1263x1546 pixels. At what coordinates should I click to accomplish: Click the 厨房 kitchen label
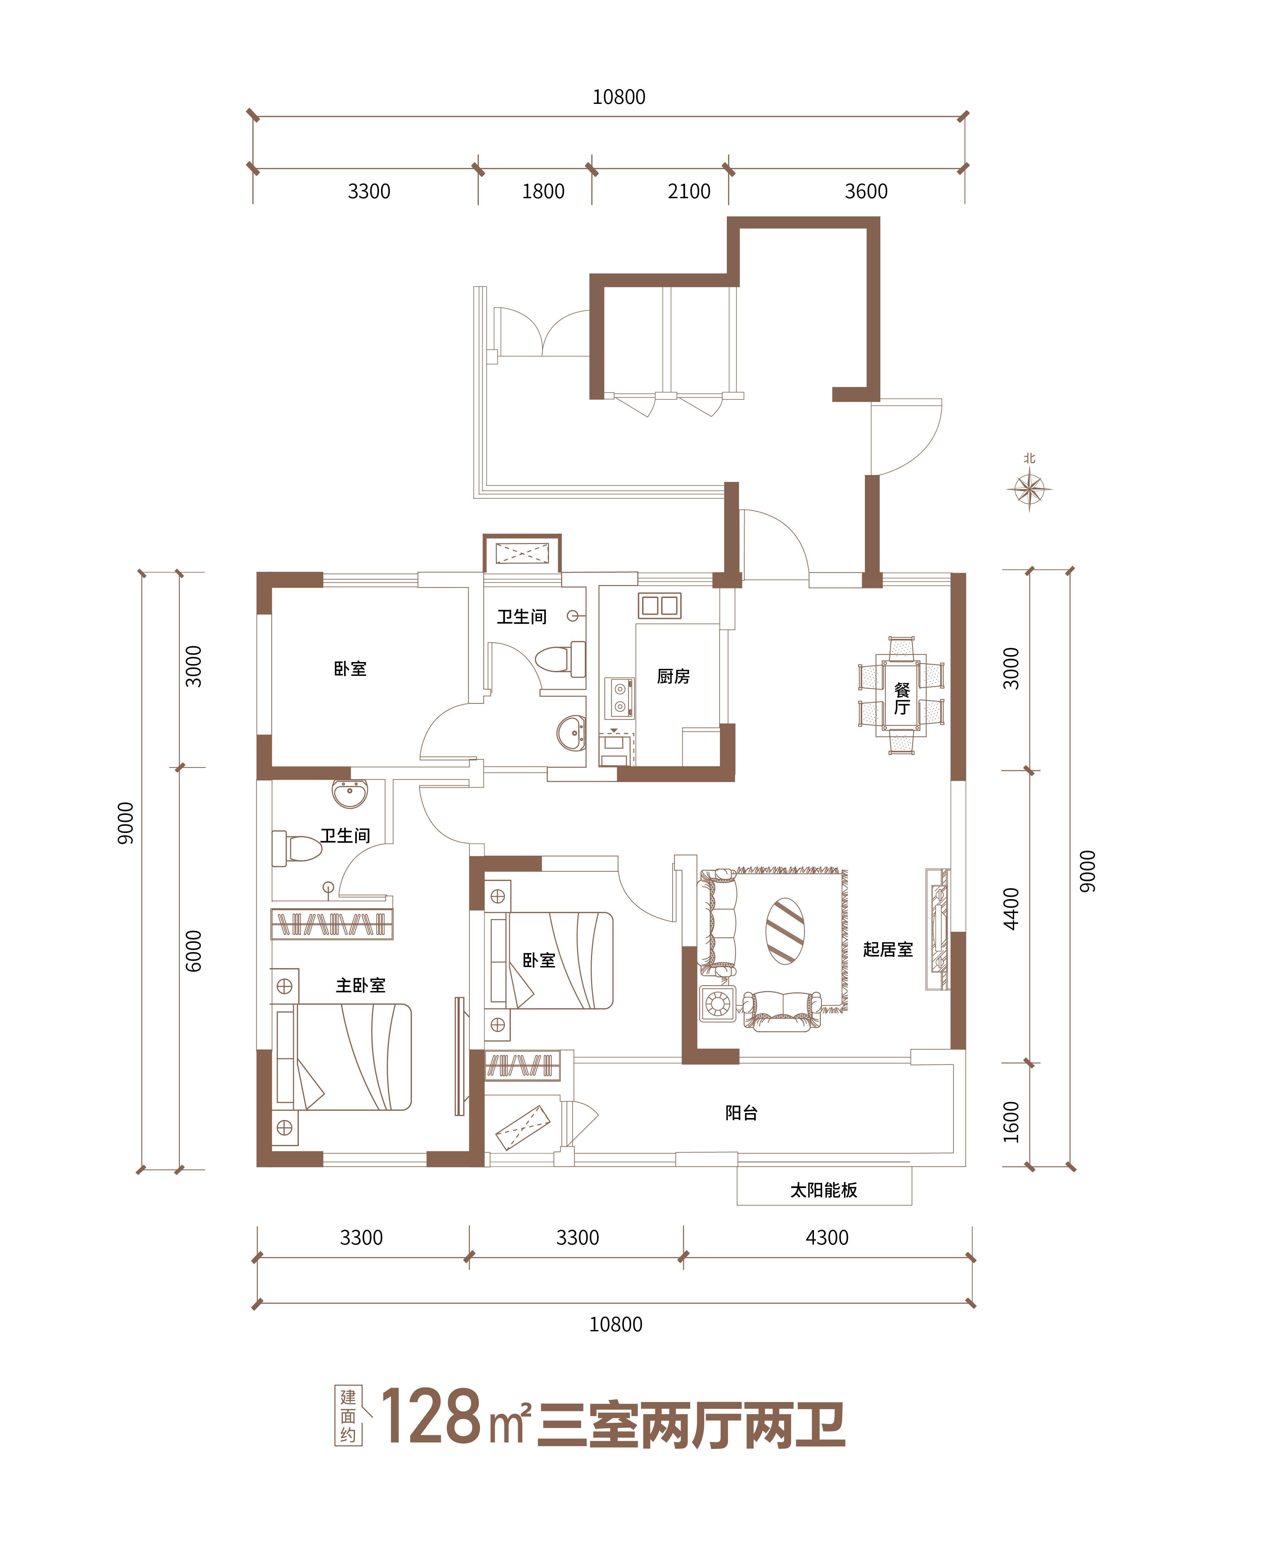click(673, 677)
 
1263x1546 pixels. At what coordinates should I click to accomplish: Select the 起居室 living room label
click(888, 949)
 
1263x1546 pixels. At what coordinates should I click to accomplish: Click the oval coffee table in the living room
click(785, 931)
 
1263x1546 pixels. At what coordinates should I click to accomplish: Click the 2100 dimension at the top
click(689, 191)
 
